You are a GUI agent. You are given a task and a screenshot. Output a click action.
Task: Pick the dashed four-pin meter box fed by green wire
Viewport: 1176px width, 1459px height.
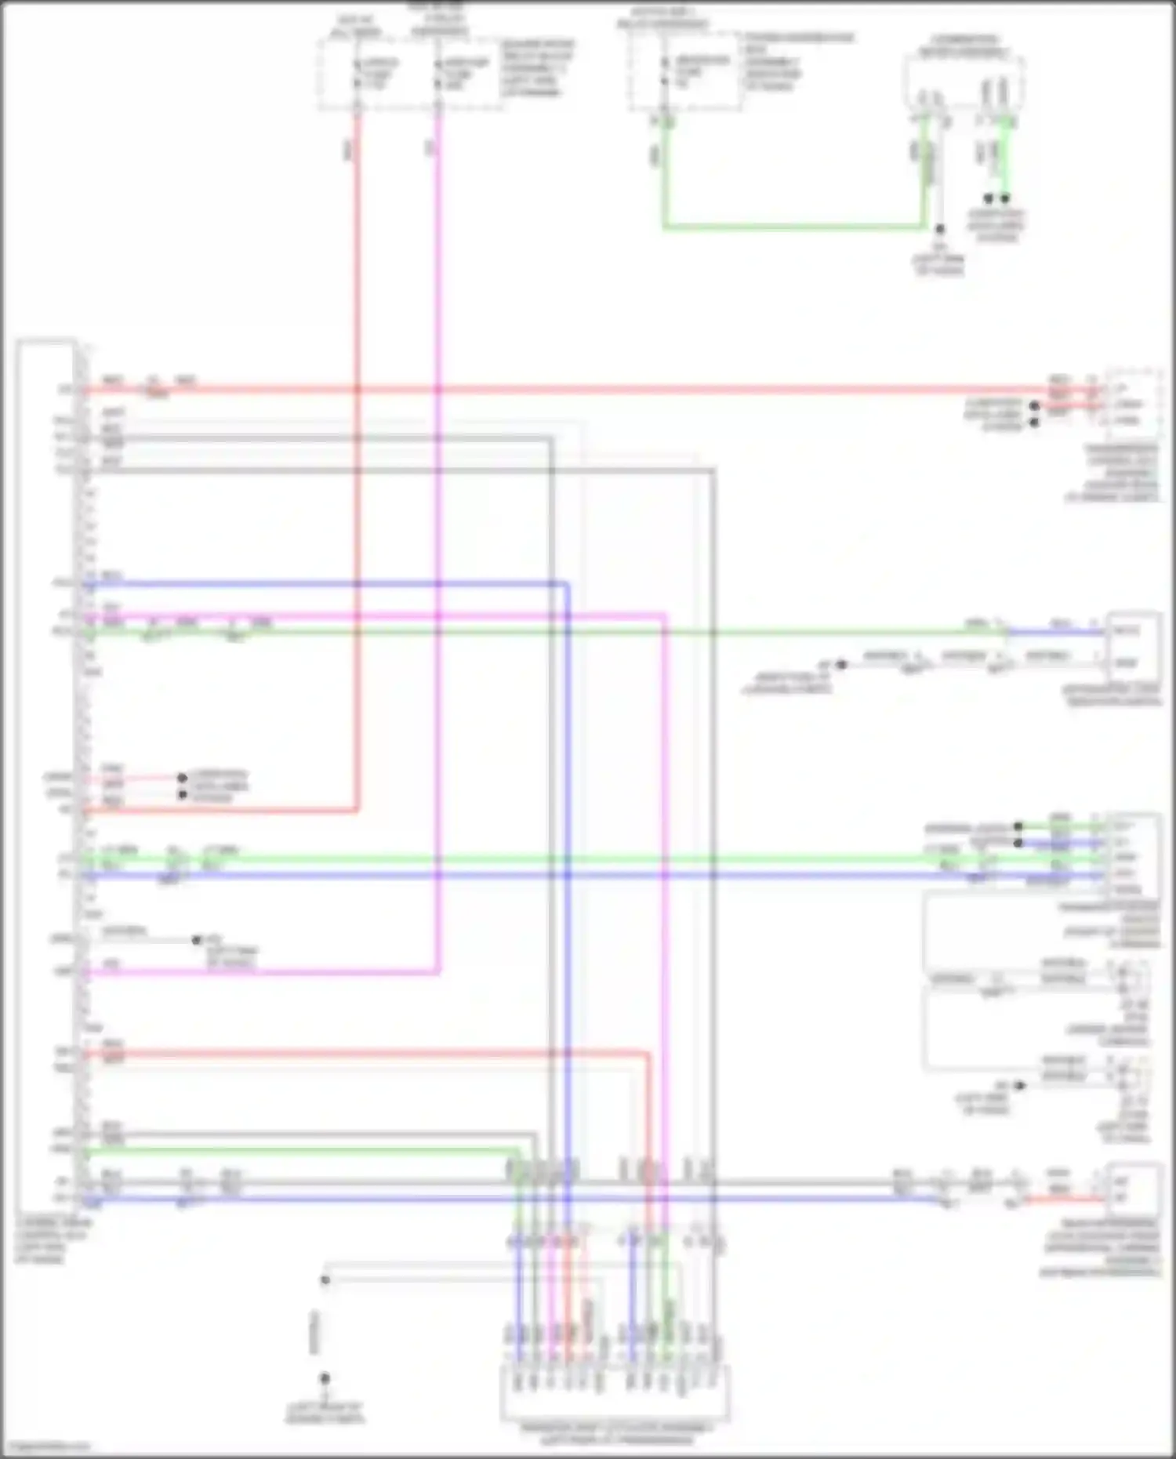pos(964,82)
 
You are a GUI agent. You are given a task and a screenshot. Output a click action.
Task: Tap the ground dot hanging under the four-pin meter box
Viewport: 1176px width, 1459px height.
pos(939,229)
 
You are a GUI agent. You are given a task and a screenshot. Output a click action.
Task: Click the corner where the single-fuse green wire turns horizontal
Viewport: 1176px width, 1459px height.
pos(665,227)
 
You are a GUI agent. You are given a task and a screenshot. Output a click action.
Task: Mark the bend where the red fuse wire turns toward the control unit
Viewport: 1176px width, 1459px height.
pos(358,809)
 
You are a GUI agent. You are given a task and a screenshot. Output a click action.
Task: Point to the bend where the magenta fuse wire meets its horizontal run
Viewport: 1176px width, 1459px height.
pos(438,973)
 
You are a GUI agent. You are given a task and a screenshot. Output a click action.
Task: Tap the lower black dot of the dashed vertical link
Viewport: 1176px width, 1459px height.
pos(324,1377)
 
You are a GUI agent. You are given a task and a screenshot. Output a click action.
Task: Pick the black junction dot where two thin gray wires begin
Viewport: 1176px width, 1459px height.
pos(325,1279)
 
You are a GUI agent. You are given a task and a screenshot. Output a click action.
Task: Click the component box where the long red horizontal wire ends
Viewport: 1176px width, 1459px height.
pos(1133,404)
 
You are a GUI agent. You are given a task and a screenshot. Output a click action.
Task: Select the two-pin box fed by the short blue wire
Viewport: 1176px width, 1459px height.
pos(1133,647)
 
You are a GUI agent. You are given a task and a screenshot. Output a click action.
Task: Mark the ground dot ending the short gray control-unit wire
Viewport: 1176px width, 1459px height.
pos(197,939)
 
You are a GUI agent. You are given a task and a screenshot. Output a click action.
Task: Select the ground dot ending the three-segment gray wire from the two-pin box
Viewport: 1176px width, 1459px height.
pos(841,664)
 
